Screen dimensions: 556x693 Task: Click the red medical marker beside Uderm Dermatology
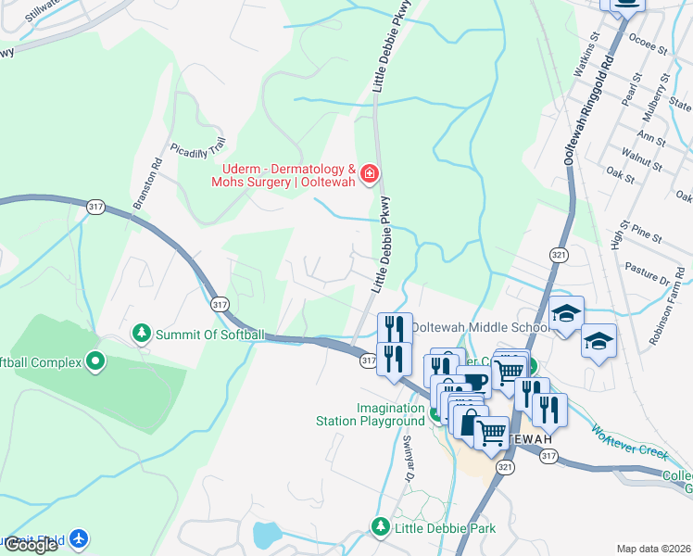tap(370, 173)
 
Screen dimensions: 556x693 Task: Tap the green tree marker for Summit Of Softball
tap(142, 332)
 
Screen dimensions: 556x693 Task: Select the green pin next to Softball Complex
tap(95, 360)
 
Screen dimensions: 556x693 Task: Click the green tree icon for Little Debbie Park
tap(379, 526)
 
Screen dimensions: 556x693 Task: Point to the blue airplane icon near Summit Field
tap(80, 537)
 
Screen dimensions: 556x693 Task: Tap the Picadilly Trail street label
tap(198, 148)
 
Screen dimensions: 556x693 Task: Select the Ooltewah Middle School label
tap(480, 327)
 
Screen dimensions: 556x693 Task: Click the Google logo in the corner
tap(31, 545)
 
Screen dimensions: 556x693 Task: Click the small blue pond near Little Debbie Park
tap(267, 534)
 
